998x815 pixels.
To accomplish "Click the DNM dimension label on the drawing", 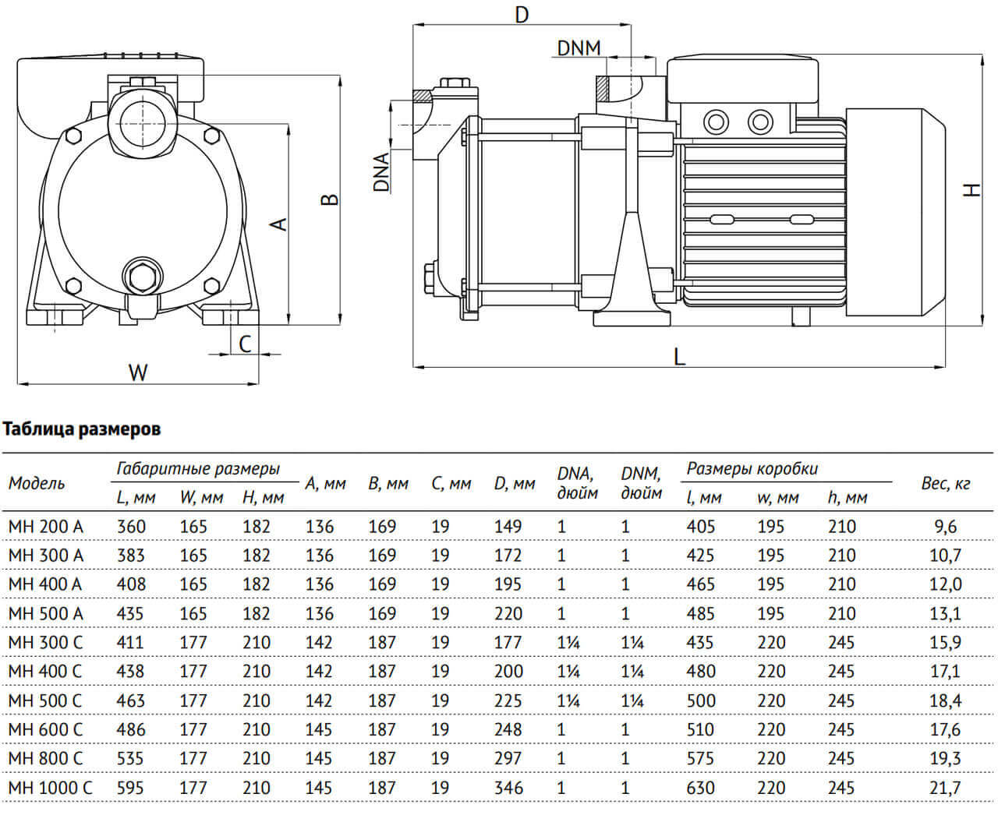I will (579, 48).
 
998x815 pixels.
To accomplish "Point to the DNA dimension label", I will (381, 171).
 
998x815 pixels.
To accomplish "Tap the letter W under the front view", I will (137, 372).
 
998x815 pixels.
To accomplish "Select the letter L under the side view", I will (679, 357).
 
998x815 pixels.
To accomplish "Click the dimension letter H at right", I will (971, 189).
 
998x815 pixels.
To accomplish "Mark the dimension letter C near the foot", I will (245, 344).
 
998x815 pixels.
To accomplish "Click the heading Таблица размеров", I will (83, 429).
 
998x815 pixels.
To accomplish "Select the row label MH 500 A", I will (45, 613).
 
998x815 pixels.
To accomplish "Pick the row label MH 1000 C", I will (50, 787).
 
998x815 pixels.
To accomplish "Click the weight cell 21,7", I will (945, 787).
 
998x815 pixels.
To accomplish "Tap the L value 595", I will (131, 787).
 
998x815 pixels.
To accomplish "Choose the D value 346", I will (508, 787).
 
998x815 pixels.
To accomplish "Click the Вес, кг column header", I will (945, 484).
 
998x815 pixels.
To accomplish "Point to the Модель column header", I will (37, 484).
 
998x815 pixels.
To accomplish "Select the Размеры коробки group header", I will (752, 468).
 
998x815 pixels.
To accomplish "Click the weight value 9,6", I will (945, 527).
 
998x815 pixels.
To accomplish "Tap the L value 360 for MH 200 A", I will (131, 527).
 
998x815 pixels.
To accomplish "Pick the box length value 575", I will (700, 758).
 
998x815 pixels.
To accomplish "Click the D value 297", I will (508, 758).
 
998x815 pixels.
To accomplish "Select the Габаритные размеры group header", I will (198, 468).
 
